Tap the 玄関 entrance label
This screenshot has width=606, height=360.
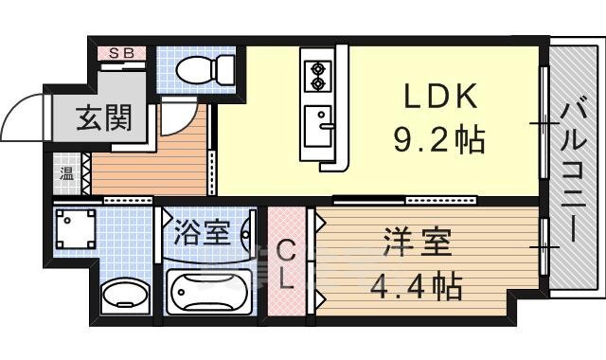point(103,120)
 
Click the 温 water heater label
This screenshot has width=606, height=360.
point(66,173)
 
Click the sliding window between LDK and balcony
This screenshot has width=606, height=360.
point(544,123)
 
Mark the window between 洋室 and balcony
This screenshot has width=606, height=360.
point(545,247)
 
